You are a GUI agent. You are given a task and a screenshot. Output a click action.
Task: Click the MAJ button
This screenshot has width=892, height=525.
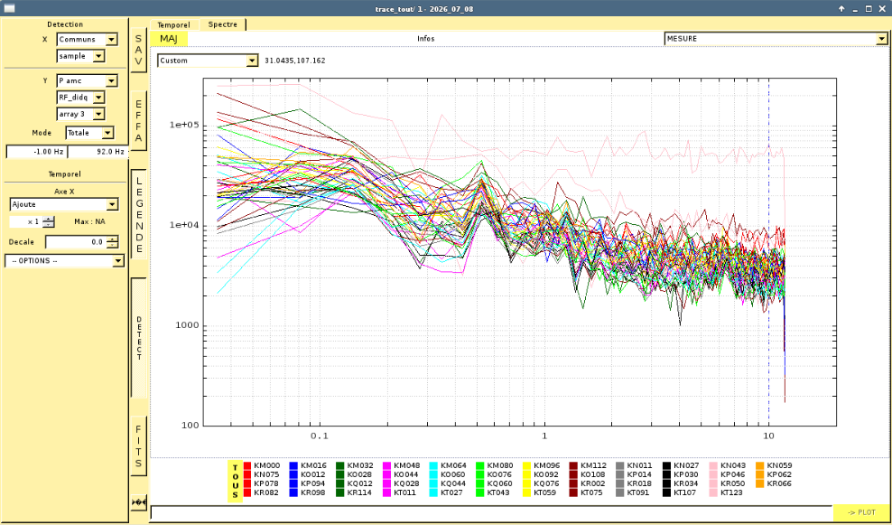(x=169, y=39)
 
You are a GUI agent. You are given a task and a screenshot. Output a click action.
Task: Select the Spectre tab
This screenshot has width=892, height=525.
(x=222, y=24)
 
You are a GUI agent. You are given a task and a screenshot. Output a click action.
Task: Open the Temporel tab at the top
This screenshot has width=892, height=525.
(x=174, y=25)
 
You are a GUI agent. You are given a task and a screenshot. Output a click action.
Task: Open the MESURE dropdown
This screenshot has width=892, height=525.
(x=776, y=39)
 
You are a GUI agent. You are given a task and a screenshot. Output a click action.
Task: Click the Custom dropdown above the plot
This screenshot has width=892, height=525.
(x=208, y=61)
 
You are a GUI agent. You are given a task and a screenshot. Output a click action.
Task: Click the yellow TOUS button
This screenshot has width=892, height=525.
(x=235, y=481)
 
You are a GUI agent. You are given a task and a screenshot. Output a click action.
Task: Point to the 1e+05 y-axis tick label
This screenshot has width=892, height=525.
(x=184, y=125)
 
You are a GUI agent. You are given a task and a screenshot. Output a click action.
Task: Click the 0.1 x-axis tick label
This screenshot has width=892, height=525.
(x=319, y=436)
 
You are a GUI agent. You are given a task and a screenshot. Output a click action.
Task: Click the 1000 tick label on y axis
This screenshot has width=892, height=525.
(x=187, y=325)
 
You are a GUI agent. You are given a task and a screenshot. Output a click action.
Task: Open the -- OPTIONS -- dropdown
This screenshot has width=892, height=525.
(x=64, y=261)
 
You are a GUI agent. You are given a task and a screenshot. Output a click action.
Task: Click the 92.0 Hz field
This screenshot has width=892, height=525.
(x=98, y=152)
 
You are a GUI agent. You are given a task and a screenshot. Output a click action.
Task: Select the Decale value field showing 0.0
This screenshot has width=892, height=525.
(x=82, y=242)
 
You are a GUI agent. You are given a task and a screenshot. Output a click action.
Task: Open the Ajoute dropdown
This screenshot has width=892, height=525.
(x=64, y=204)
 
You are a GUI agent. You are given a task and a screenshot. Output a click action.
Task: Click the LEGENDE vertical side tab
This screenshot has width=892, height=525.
(x=139, y=215)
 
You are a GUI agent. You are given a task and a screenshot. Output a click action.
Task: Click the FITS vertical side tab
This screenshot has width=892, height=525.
(x=138, y=445)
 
